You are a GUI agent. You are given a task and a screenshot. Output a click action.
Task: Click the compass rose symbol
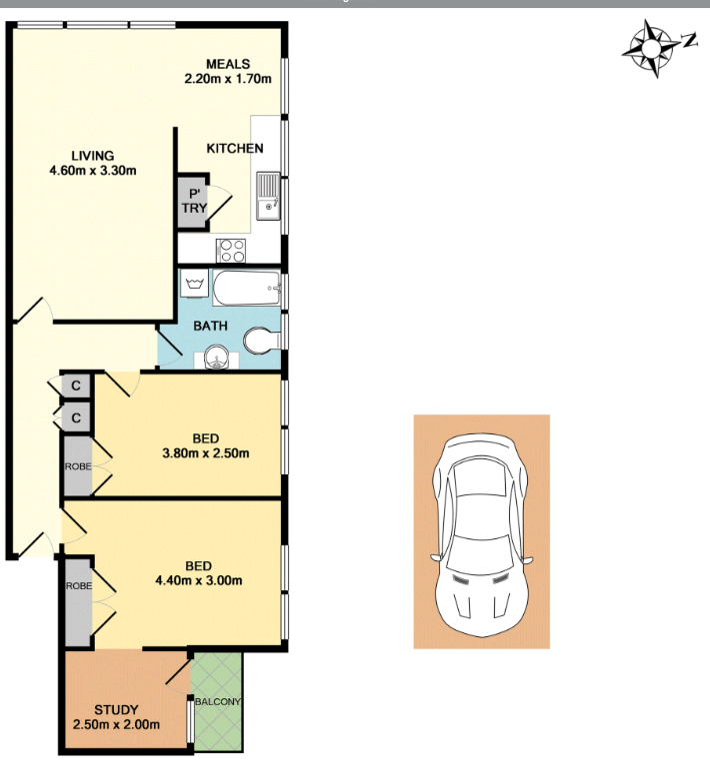click(x=651, y=48)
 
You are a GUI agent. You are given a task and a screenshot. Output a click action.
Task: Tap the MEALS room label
click(x=228, y=64)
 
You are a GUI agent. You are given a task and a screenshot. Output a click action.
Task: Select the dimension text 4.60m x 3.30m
click(x=93, y=171)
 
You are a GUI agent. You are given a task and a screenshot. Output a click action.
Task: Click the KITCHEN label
click(x=235, y=148)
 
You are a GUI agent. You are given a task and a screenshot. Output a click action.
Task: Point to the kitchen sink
click(x=268, y=197)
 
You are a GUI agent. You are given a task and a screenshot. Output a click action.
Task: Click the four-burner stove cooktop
click(x=232, y=251)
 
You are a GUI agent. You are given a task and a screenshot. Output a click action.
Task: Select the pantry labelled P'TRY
click(x=193, y=201)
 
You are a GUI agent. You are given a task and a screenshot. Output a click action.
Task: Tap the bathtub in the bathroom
click(x=247, y=288)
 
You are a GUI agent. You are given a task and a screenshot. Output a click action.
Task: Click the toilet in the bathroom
click(x=262, y=341)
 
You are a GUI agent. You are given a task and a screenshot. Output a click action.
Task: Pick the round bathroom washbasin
click(x=216, y=357)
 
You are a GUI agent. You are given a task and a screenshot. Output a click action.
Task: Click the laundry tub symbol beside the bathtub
click(x=195, y=284)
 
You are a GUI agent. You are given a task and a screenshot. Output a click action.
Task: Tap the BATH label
click(x=210, y=326)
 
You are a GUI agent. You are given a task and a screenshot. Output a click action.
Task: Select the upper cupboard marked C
click(x=76, y=385)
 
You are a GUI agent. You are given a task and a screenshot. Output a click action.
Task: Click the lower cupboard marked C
click(x=76, y=417)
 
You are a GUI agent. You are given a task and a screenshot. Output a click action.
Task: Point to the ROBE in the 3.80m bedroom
click(x=78, y=466)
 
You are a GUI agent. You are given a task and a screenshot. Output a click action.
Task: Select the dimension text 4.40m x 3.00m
click(x=199, y=580)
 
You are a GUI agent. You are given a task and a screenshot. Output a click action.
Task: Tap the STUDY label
click(x=116, y=710)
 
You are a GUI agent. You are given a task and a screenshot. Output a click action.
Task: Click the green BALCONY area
click(x=217, y=701)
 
